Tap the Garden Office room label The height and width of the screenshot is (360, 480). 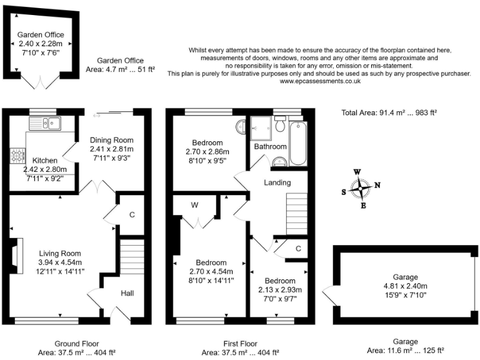[41, 35]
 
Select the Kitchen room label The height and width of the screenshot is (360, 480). [45, 161]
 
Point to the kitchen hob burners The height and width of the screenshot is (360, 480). [17, 154]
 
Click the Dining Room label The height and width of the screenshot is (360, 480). [112, 140]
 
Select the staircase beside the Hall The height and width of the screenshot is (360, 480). [132, 257]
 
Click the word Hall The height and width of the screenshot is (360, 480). [127, 293]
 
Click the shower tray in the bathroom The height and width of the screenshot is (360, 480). [262, 129]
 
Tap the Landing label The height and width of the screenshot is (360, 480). [277, 183]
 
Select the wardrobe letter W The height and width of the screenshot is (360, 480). [194, 205]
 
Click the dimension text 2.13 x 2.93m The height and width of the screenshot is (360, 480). [281, 289]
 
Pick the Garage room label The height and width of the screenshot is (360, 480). [405, 277]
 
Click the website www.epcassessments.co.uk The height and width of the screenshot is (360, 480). [319, 81]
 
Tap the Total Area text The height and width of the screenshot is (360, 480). [389, 112]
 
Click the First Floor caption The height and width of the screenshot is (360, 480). [240, 344]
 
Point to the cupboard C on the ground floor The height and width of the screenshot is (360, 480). [132, 215]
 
